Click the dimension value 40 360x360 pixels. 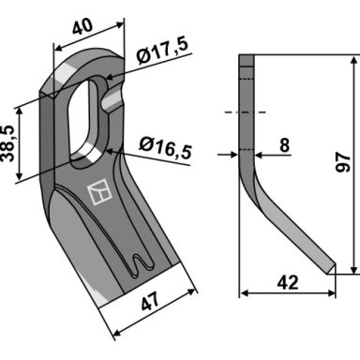pyautogui.click(x=82, y=26)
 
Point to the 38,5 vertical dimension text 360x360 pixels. pyautogui.click(x=7, y=143)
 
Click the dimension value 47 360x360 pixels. pyautogui.click(x=150, y=301)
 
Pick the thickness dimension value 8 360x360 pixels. pyautogui.click(x=284, y=145)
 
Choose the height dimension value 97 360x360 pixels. pyautogui.click(x=343, y=162)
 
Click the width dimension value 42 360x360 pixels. pyautogui.click(x=288, y=282)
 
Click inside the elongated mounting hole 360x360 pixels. pyautogui.click(x=84, y=119)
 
